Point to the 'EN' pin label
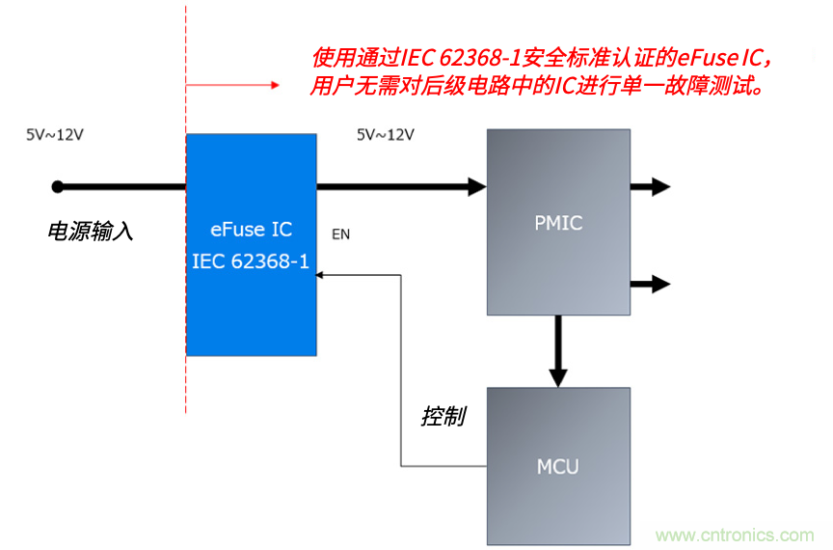(340, 234)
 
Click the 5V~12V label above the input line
(55, 135)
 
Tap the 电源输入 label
(90, 232)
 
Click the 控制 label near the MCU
(443, 417)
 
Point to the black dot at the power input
(58, 186)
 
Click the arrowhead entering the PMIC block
(476, 186)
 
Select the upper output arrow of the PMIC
(659, 186)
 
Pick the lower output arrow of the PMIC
(659, 284)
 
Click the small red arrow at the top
(274, 86)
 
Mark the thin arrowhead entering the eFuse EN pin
(322, 275)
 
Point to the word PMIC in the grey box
(558, 224)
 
